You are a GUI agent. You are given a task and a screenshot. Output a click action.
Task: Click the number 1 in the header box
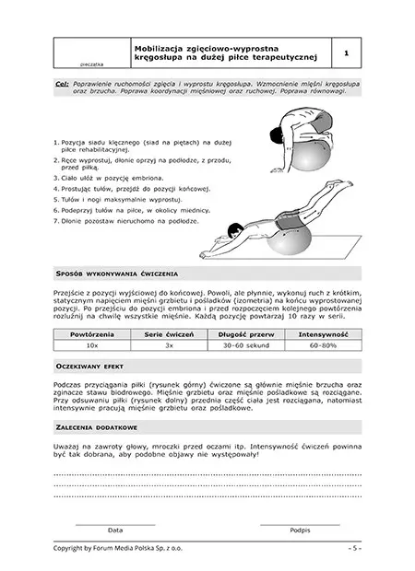(346, 53)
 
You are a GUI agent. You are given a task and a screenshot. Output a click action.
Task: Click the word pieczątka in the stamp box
(92, 64)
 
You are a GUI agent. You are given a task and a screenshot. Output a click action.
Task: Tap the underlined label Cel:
(62, 84)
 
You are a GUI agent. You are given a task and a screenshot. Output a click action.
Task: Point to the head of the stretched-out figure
(235, 230)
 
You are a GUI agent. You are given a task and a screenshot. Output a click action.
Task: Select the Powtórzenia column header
(92, 334)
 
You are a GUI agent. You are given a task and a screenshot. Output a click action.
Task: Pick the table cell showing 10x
(92, 345)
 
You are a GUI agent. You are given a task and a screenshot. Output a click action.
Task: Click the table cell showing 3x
(169, 345)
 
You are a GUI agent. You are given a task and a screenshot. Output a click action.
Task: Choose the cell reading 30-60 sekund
(246, 345)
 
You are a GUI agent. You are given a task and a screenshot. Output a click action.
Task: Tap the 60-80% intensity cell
(323, 345)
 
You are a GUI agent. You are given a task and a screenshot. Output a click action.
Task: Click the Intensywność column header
(323, 334)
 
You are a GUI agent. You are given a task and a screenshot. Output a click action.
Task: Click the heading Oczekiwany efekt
(89, 367)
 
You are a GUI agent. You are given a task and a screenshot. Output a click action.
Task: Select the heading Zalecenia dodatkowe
(97, 427)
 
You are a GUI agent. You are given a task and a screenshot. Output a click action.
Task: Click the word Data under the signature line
(115, 530)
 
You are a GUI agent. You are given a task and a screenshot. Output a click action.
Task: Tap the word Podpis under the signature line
(300, 530)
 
